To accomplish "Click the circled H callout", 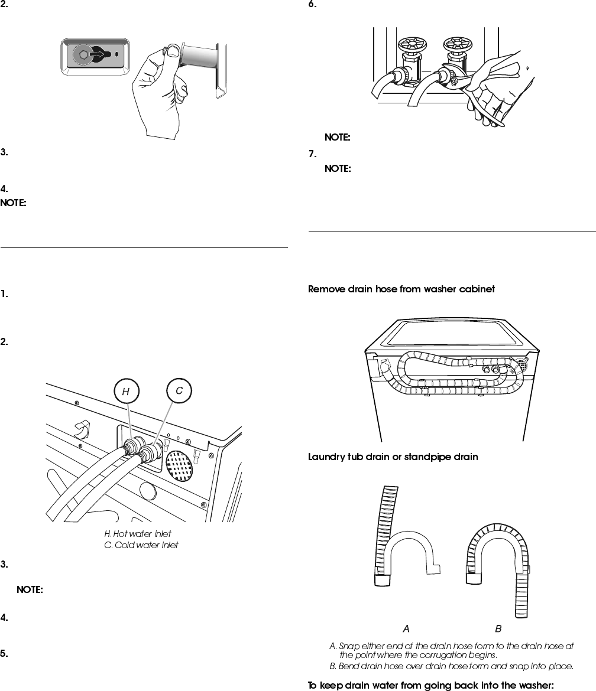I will click(x=125, y=391).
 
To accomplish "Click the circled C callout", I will click(x=179, y=391).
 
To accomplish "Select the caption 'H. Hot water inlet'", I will click(x=138, y=534).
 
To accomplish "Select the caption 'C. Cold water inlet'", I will click(x=141, y=545).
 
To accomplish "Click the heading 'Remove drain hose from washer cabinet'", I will click(x=401, y=289).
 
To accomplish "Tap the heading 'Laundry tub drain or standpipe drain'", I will click(x=393, y=457).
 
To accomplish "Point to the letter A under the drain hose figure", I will click(x=406, y=628).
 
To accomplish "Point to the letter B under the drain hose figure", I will click(x=498, y=628).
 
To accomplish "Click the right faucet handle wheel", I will click(x=456, y=45).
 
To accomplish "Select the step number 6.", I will click(x=312, y=5).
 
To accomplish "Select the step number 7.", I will click(x=312, y=154).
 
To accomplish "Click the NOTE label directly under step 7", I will click(x=338, y=169).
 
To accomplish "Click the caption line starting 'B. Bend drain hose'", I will click(x=451, y=666).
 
